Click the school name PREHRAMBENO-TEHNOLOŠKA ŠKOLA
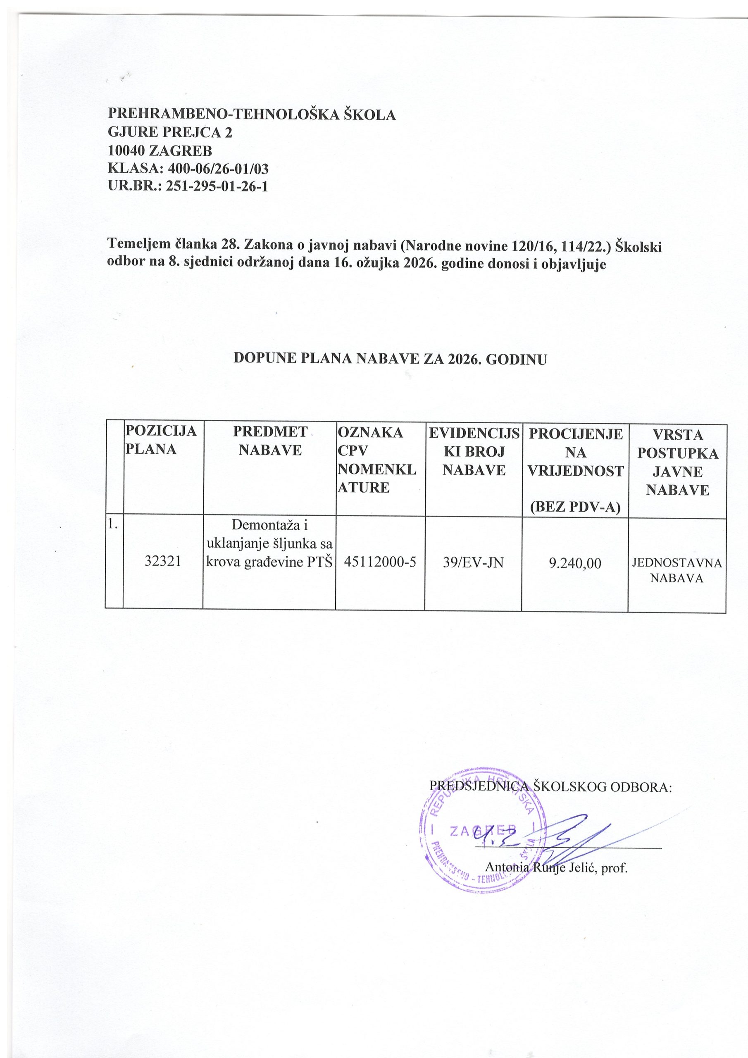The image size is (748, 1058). (x=252, y=115)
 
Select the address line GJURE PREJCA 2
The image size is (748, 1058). (x=170, y=133)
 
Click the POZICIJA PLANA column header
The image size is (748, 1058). (x=161, y=440)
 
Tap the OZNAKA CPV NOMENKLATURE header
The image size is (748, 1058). (x=377, y=460)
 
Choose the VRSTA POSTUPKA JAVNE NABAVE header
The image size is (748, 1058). (x=677, y=462)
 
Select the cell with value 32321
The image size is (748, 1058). (x=162, y=561)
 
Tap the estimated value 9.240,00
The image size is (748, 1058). (x=575, y=563)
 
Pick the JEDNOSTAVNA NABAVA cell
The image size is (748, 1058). (x=677, y=570)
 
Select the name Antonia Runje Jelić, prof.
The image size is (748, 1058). (x=557, y=869)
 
